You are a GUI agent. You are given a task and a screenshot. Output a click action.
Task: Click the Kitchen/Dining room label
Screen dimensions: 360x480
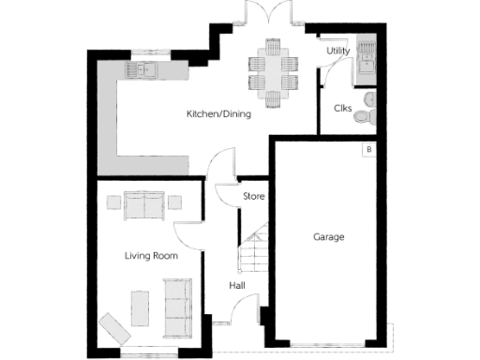coord(219,113)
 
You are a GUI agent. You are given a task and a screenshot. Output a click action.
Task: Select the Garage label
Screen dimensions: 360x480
coord(328,237)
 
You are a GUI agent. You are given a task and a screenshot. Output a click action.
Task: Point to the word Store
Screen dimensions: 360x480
coord(254,197)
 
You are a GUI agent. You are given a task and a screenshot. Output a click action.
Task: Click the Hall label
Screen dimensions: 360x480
coord(237,286)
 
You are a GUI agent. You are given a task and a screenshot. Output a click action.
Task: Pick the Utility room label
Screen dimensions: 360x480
coord(337,51)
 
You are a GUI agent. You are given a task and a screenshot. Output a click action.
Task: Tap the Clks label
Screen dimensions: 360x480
coord(342,108)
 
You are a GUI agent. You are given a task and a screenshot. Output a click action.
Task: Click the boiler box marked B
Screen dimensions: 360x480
coord(368,150)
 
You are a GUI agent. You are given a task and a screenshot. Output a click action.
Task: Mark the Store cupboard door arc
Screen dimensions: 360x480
coord(225,195)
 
